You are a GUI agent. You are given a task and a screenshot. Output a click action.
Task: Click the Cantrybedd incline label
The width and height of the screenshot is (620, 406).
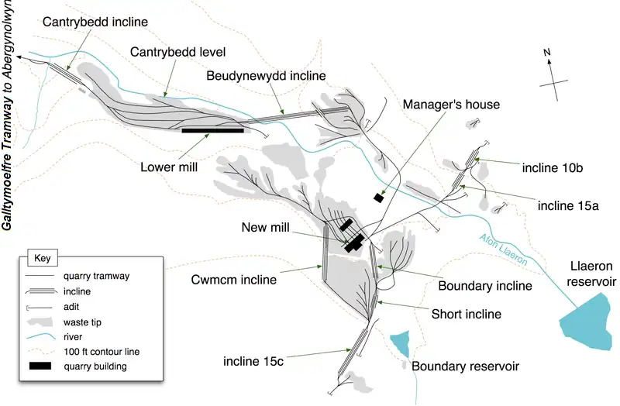pos(95,22)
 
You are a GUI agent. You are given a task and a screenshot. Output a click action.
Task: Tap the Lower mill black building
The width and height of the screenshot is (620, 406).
pos(212,130)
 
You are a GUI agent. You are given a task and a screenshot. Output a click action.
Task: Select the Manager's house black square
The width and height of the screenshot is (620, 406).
pos(378,198)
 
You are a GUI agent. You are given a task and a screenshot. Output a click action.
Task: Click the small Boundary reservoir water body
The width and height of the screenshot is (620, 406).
pos(401,343)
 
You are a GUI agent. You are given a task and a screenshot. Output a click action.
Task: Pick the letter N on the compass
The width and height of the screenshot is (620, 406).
pos(547,52)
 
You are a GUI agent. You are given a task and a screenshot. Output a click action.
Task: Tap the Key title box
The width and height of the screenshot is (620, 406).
pos(43,258)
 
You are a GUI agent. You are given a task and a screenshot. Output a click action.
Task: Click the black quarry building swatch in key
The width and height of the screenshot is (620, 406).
pos(40,366)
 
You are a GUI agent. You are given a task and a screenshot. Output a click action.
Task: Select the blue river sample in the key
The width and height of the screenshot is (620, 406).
pos(40,337)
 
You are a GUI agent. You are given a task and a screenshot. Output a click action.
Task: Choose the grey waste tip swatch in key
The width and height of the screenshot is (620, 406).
pos(40,322)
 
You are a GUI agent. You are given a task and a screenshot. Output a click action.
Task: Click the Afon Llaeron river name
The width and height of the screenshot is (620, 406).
pos(503,249)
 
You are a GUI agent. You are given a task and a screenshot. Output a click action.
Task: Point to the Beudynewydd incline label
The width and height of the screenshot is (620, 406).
pos(266,75)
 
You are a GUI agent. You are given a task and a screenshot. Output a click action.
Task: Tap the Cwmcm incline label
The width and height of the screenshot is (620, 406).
pos(234,280)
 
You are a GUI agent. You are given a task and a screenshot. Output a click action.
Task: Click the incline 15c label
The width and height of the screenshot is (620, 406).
pos(253,361)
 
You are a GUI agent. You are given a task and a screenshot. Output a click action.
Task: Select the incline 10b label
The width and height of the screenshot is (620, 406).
pos(553,167)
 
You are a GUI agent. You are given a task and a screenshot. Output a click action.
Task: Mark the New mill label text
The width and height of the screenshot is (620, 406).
pos(265,227)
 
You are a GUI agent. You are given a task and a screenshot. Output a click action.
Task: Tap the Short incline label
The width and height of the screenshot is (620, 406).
pos(467,314)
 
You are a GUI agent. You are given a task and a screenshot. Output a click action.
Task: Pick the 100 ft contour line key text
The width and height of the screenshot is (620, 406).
pos(102,352)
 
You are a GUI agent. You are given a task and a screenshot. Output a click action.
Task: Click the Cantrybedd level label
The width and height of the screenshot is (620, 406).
pos(177,52)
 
